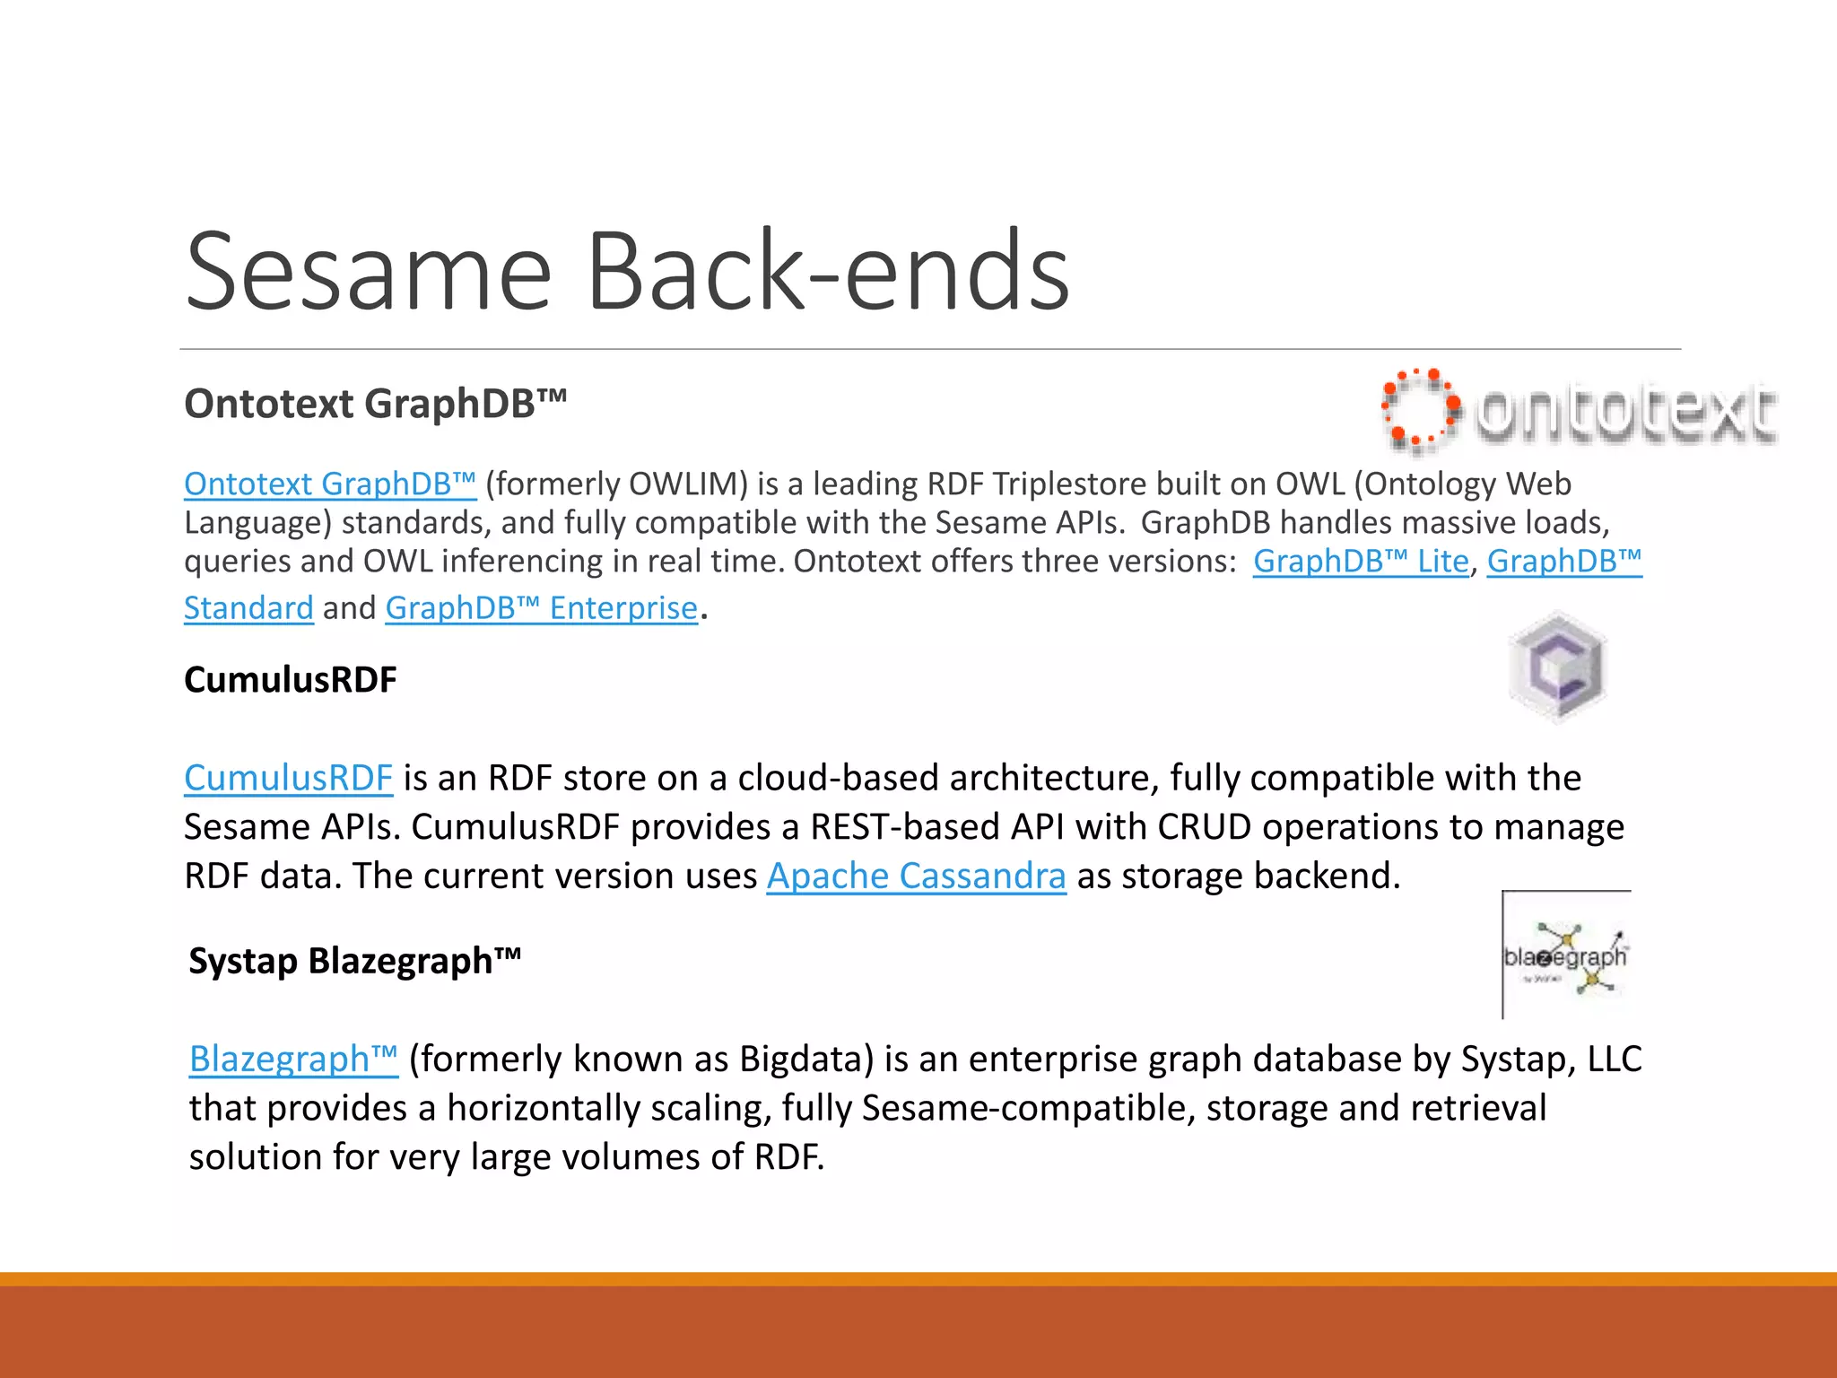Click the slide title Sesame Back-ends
point(627,271)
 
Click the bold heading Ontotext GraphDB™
point(375,404)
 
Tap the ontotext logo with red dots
point(1579,411)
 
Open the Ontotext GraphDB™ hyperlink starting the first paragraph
point(329,484)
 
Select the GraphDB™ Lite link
point(1360,562)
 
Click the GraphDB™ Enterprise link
point(541,608)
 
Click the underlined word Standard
point(248,608)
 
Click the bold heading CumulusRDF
point(290,680)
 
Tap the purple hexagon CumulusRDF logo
point(1558,667)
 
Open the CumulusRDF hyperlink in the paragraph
point(288,778)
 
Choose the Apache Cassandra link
point(916,877)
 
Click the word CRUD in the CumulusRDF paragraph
point(1204,827)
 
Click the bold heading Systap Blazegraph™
point(354,962)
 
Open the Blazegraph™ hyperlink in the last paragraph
point(293,1060)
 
